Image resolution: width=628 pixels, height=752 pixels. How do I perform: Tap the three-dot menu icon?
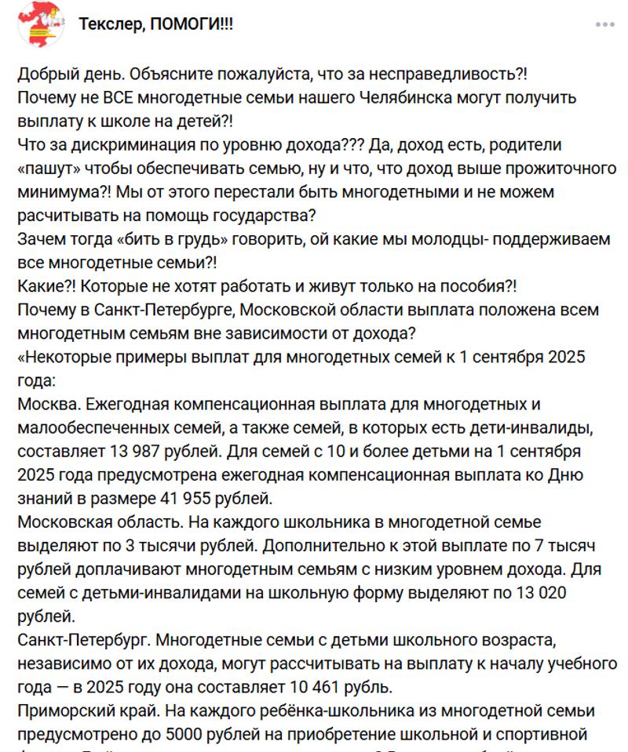(x=605, y=24)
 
